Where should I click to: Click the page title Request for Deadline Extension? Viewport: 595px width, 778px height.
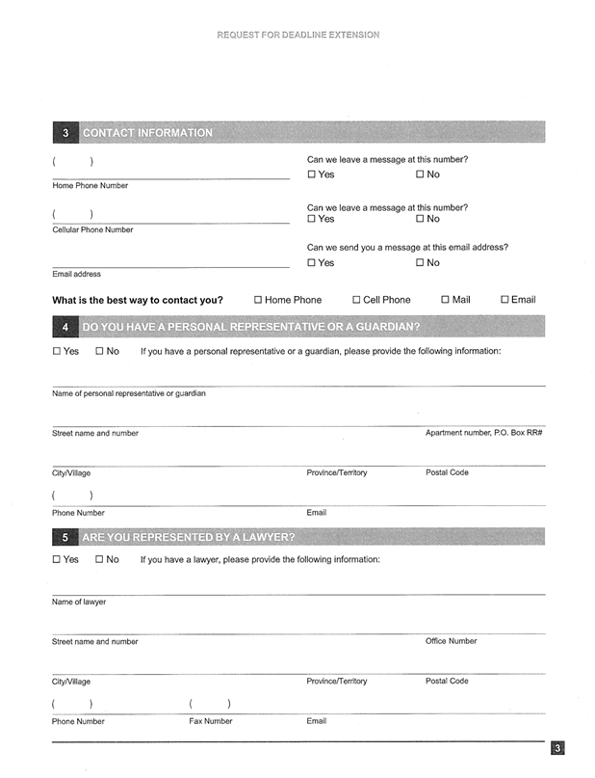coord(297,35)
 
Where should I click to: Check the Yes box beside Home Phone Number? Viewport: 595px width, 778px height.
coord(312,174)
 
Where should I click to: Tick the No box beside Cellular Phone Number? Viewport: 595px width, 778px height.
coord(420,219)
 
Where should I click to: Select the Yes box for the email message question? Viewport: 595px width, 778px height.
coord(312,263)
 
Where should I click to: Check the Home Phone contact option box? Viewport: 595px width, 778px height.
coord(258,300)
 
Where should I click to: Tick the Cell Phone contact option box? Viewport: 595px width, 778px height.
coord(356,300)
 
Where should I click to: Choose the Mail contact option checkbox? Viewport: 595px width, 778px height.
coord(445,300)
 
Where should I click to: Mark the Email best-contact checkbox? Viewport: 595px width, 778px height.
coord(504,300)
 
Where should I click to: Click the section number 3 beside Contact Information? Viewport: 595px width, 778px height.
coord(65,133)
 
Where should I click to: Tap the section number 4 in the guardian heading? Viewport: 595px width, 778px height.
coord(65,328)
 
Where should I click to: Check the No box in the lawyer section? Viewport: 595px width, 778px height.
coord(99,559)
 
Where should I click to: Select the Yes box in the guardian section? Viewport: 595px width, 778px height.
coord(57,351)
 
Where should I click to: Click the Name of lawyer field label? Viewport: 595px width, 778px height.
coord(79,602)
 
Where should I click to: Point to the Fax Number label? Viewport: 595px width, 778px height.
coord(210,721)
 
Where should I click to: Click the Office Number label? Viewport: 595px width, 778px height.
coord(451,641)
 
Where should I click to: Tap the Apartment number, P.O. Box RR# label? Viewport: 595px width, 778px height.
coord(483,433)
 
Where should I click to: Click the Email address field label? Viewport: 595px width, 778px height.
coord(76,274)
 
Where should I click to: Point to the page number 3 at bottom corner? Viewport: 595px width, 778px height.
coord(557,747)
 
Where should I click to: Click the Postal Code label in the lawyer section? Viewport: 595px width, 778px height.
coord(447,681)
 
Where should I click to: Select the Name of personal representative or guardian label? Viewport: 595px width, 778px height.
coord(128,393)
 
